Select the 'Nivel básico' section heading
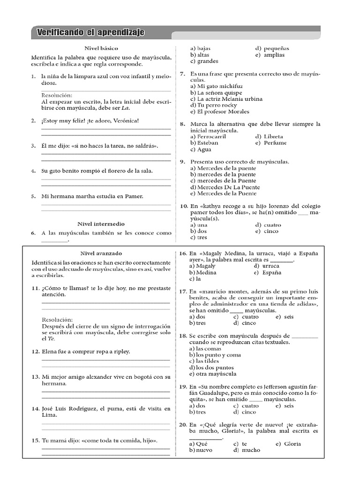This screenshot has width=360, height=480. pos(101,48)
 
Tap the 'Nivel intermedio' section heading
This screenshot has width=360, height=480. pos(101,224)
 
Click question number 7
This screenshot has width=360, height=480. pos(183,74)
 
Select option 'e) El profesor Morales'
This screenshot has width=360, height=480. pos(219,112)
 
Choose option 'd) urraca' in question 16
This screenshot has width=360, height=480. pos(267,266)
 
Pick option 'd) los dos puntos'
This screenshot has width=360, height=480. pos(211,367)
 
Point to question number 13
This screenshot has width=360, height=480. pos(35,377)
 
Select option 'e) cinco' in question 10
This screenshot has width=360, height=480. pos(267,231)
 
